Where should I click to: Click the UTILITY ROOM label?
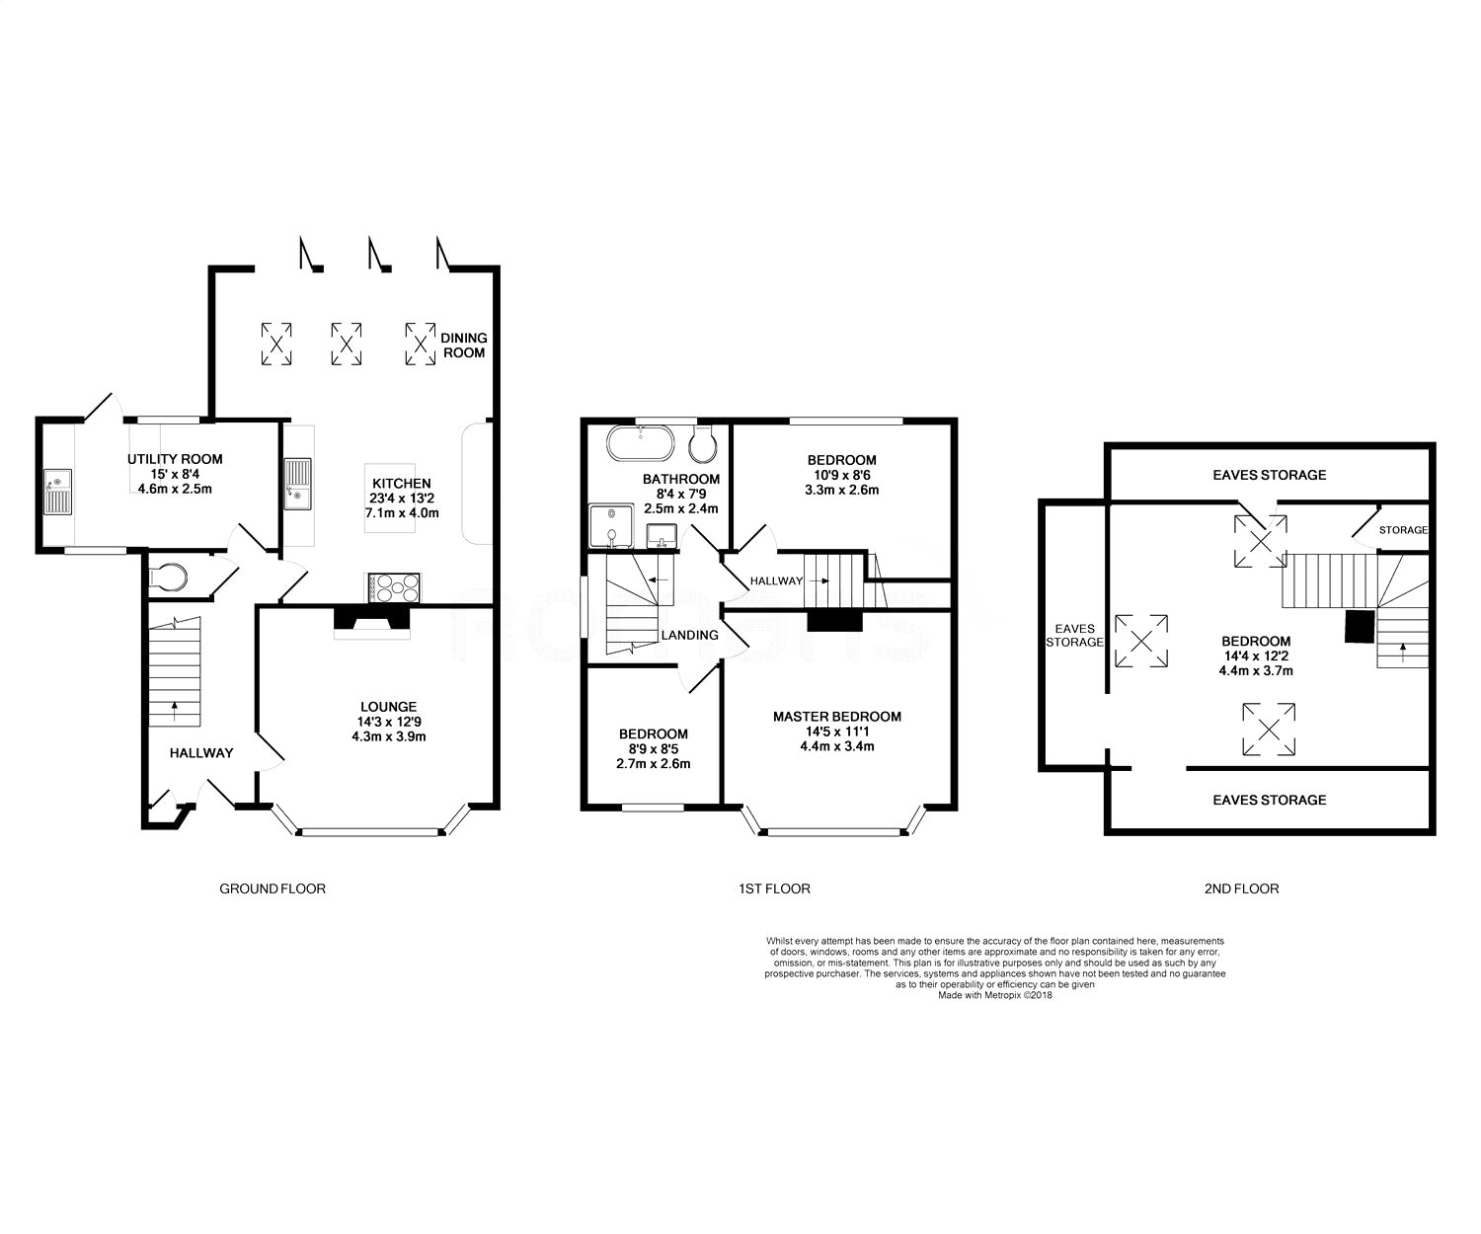[x=175, y=459]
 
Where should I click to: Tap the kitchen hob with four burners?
[x=394, y=588]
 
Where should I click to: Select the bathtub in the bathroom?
[x=641, y=444]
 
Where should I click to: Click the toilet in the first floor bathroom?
[x=703, y=444]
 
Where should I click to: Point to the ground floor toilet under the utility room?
[x=169, y=577]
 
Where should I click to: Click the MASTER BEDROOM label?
[x=837, y=717]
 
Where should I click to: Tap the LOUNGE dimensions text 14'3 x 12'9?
[x=389, y=722]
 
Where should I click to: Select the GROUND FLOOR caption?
[x=273, y=888]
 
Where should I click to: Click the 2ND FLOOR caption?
[x=1241, y=888]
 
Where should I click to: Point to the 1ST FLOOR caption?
[x=774, y=888]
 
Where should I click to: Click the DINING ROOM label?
[x=464, y=346]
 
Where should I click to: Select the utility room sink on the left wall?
[x=57, y=491]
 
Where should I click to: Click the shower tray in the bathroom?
[x=611, y=525]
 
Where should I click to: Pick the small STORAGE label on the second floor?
[x=1403, y=530]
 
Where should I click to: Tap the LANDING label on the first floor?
[x=689, y=635]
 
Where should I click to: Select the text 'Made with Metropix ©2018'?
[x=995, y=995]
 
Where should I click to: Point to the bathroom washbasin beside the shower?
[x=662, y=536]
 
